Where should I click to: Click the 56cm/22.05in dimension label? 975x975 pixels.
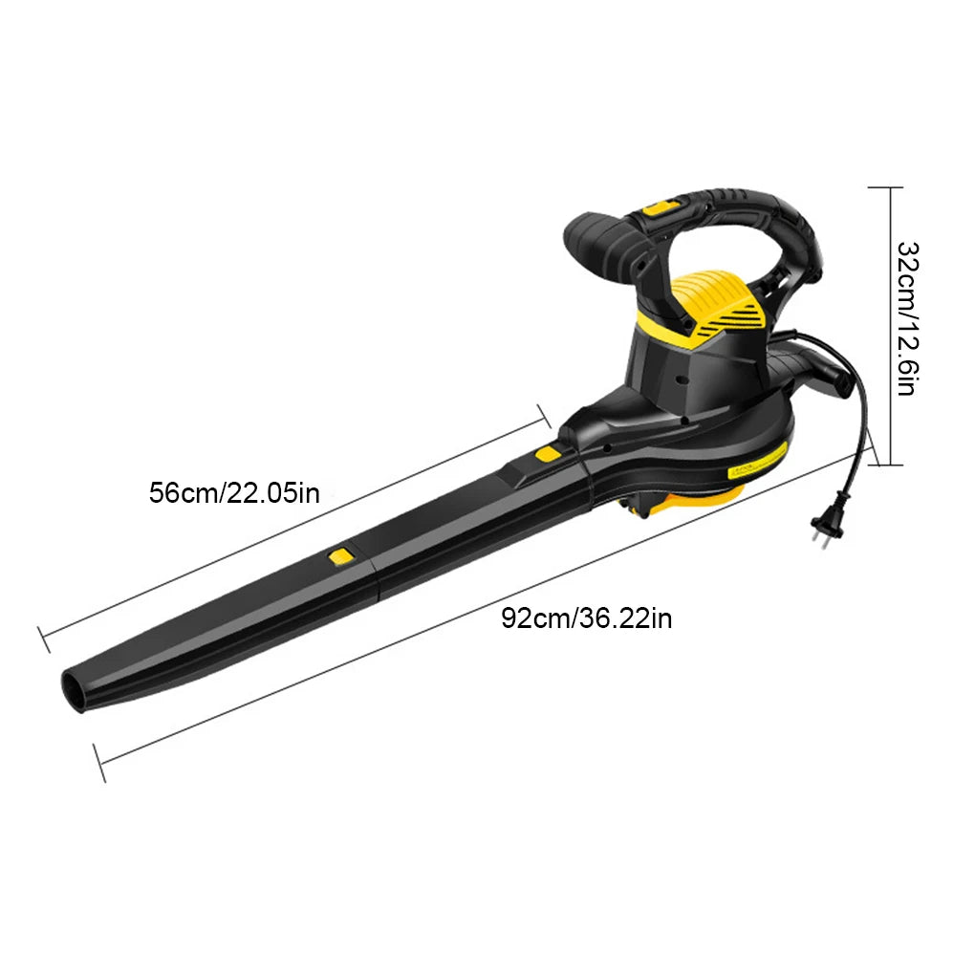(234, 492)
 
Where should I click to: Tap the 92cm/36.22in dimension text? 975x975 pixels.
(587, 617)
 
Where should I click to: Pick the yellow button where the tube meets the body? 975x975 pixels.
(548, 453)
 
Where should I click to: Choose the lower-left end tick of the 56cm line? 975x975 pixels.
(43, 639)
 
